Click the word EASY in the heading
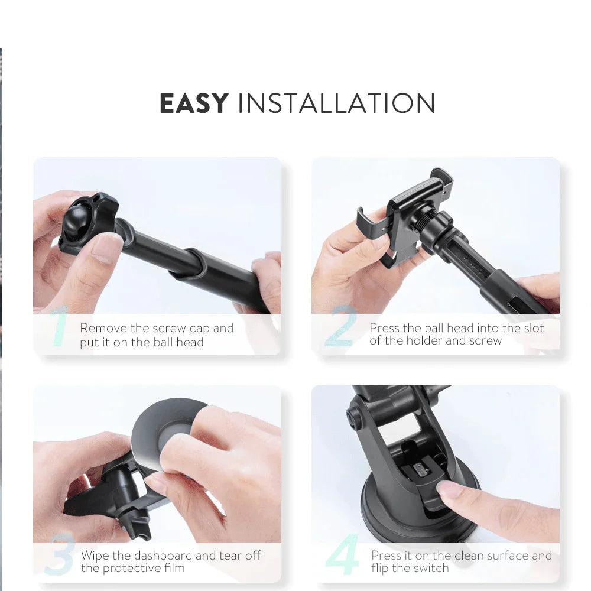pos(194,103)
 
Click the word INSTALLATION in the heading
pos(337,103)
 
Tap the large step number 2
pos(341,326)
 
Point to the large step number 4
pos(342,554)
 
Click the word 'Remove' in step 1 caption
pos(103,328)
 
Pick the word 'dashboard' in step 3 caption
pos(163,556)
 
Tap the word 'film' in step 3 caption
pos(174,568)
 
